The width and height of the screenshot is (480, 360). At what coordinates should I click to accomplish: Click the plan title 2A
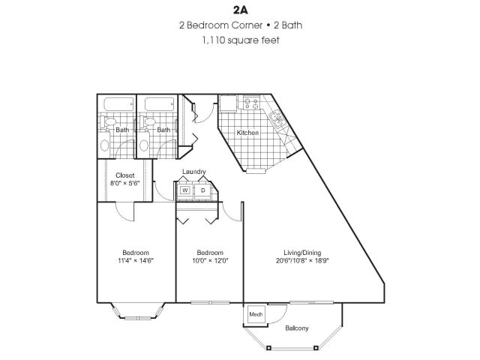coord(240,10)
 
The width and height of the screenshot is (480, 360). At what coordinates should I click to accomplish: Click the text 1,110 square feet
coord(240,40)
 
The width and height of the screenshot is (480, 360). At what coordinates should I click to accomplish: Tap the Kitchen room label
coord(247,133)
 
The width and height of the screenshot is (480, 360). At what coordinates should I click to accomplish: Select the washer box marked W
coord(185,191)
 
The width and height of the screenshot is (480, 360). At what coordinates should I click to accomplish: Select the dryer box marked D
coord(202,191)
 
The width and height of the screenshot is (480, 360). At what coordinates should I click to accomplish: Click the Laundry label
coord(193,172)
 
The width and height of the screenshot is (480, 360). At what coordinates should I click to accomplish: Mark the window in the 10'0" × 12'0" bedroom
coord(206,303)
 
